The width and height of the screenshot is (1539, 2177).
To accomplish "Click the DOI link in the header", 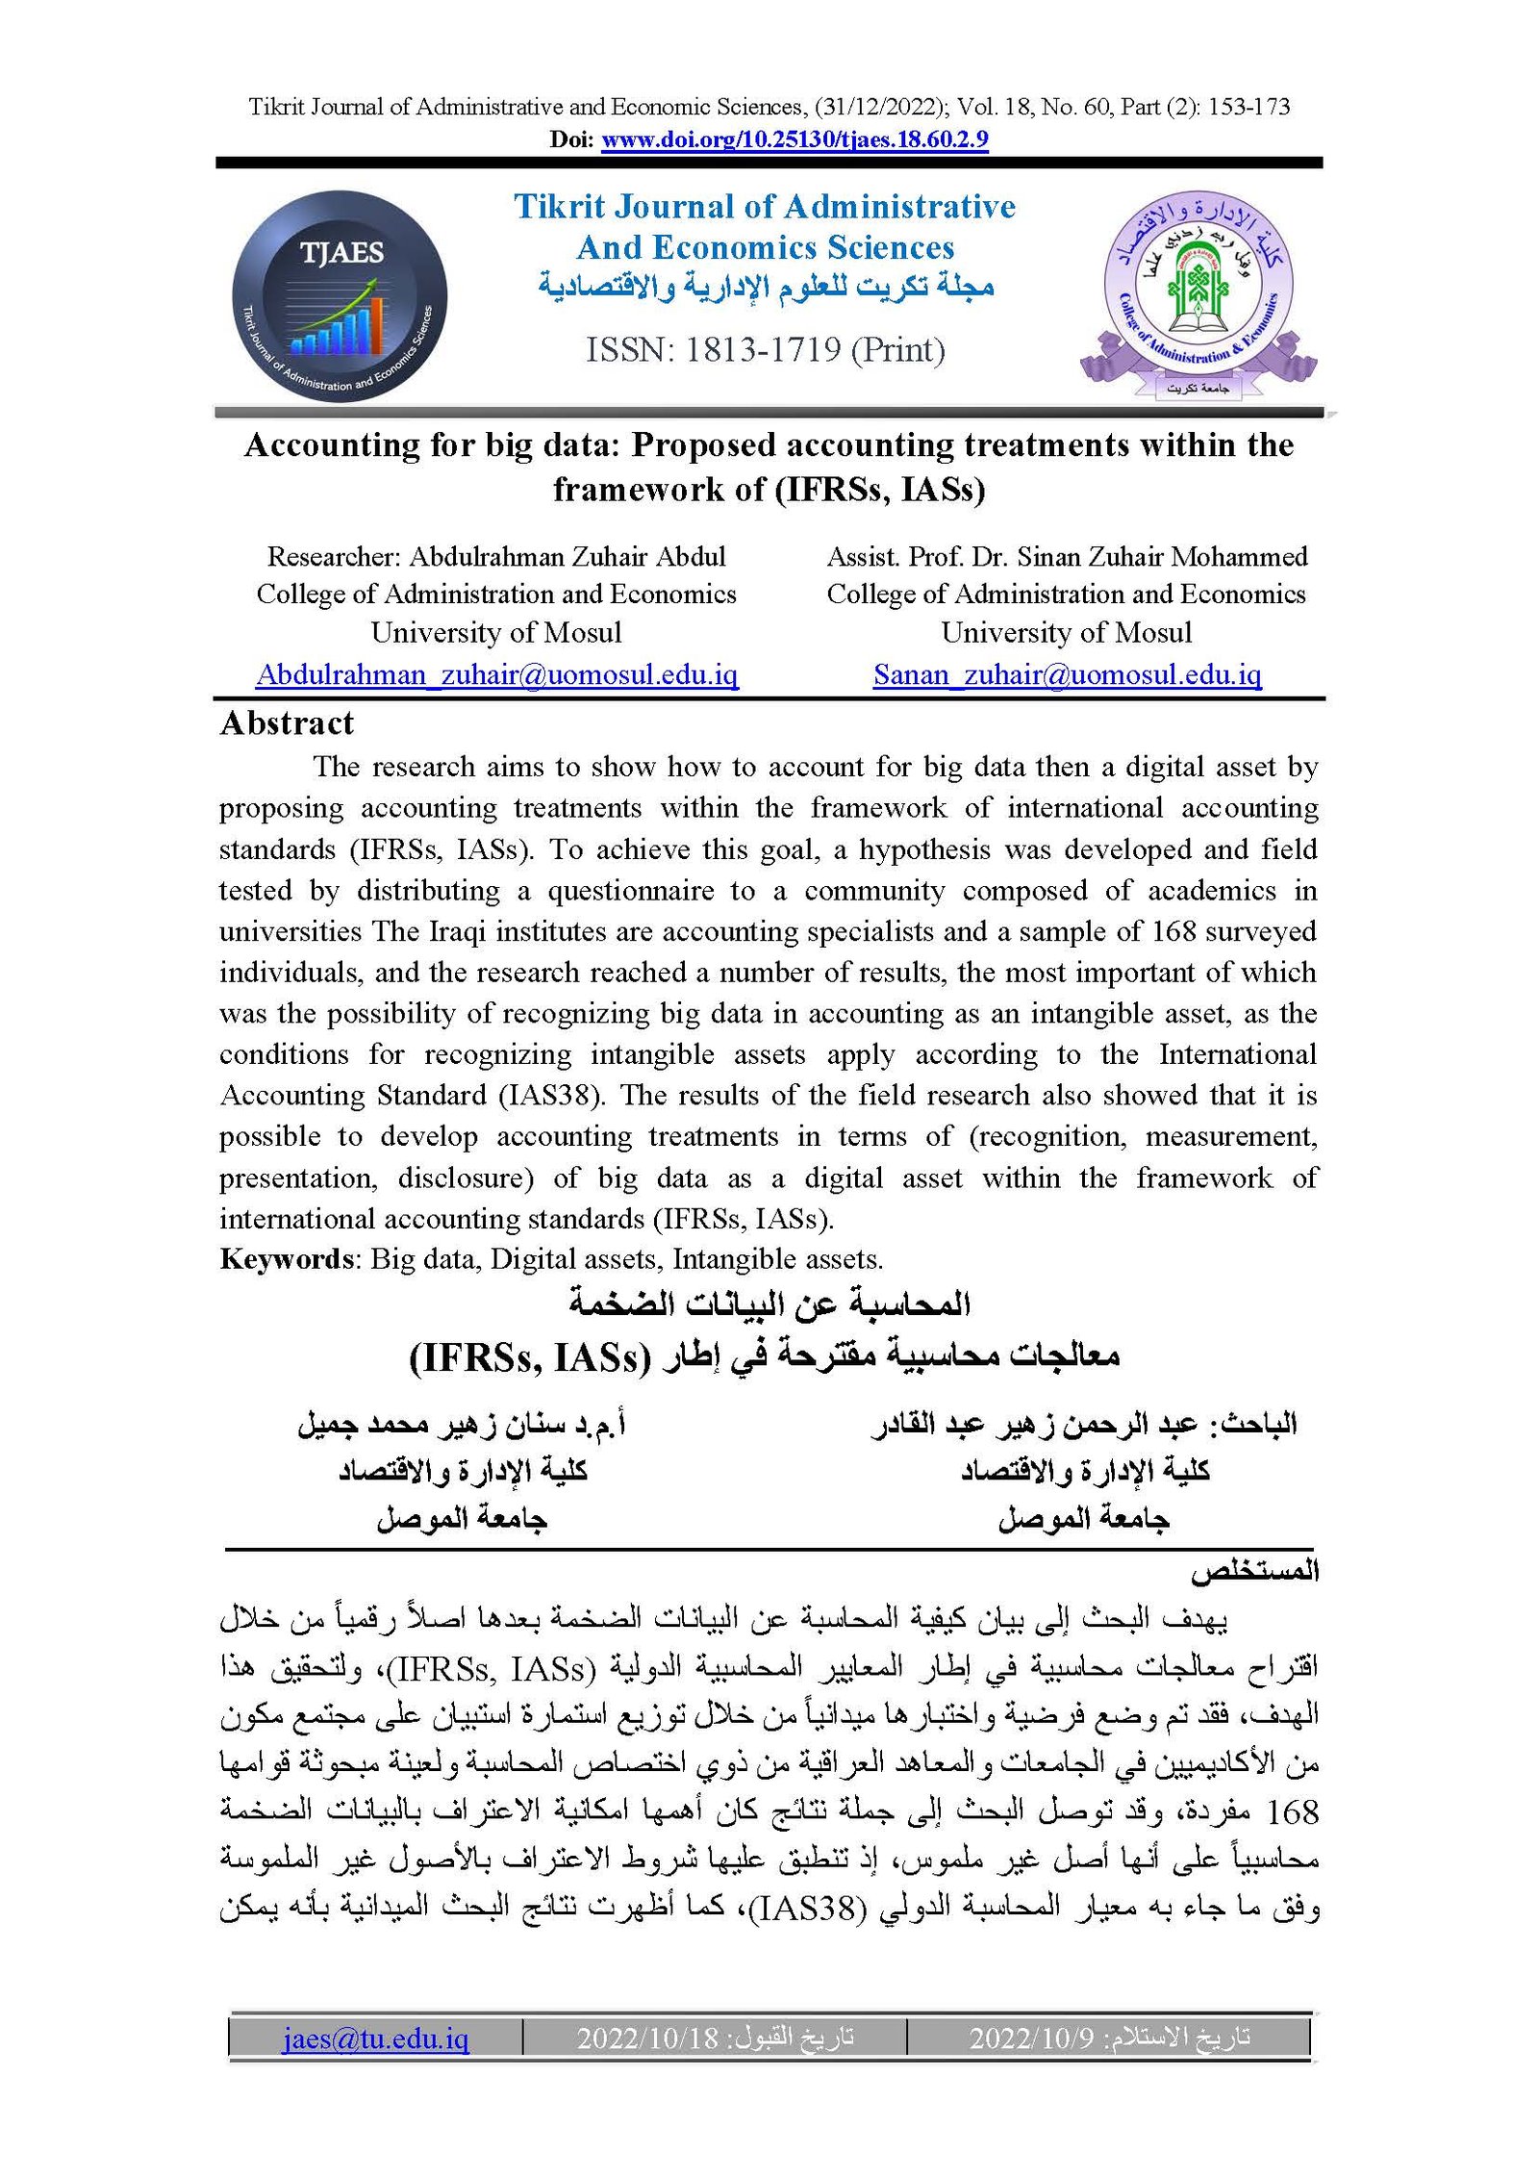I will [795, 139].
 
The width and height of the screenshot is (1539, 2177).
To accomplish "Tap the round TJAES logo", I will [340, 295].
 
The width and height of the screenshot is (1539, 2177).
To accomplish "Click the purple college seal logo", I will [1198, 293].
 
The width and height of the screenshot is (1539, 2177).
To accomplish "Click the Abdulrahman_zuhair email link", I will [496, 674].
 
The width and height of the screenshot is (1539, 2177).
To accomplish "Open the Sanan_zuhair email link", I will [1067, 674].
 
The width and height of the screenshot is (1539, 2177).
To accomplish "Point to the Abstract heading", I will [287, 723].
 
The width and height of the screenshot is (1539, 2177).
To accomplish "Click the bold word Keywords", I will [286, 1259].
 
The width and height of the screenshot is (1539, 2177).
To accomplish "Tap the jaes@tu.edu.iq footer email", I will [375, 2038].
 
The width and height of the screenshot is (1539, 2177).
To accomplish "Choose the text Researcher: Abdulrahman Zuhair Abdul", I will [496, 557].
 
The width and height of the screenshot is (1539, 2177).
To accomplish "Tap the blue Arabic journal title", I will [766, 286].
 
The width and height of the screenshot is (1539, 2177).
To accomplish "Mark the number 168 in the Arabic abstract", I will [1293, 1812].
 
